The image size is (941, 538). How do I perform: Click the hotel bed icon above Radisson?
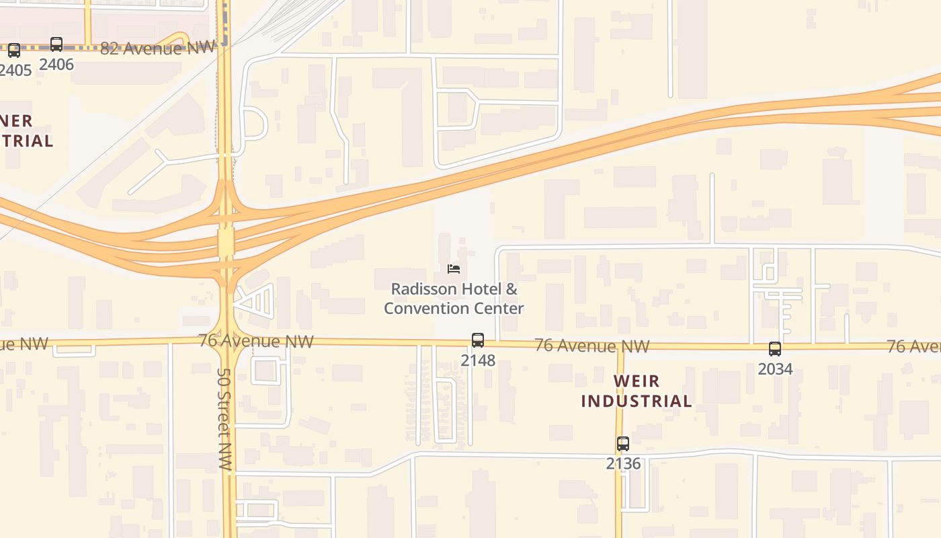(x=454, y=269)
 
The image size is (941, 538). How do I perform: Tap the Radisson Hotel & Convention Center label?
(x=454, y=299)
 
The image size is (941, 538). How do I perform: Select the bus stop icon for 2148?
(x=478, y=340)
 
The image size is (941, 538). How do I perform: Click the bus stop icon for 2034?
(x=775, y=349)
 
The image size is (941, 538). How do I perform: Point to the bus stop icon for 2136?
(x=623, y=444)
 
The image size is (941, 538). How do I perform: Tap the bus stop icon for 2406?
(x=56, y=45)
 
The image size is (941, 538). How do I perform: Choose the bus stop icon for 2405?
(x=13, y=50)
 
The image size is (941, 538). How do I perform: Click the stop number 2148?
(x=478, y=360)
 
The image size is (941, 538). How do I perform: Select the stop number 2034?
(x=775, y=369)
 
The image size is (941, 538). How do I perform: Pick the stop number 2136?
(x=623, y=464)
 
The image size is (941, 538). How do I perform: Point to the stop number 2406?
(x=56, y=65)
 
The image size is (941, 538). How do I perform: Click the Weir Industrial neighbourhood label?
(x=637, y=391)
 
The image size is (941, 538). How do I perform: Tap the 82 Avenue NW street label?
(x=158, y=48)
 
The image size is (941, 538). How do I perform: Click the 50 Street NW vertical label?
(x=224, y=418)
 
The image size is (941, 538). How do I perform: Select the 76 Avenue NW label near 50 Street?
(x=256, y=341)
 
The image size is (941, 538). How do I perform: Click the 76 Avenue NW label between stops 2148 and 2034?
(x=592, y=346)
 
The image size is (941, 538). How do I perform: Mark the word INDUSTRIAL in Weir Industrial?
(x=637, y=401)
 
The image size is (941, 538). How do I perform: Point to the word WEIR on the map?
(x=637, y=381)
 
